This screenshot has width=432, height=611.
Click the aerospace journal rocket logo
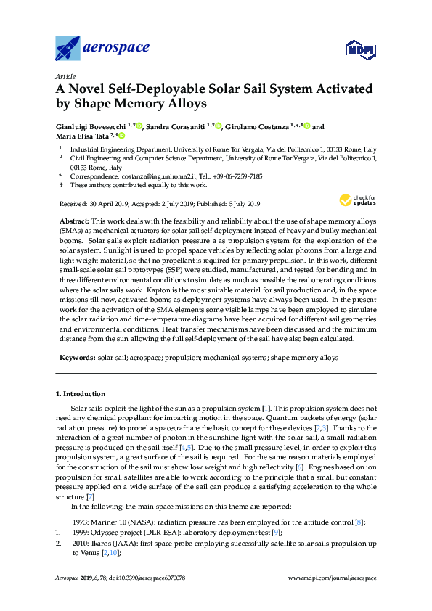pos(68,48)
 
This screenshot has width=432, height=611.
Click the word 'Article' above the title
pos(65,75)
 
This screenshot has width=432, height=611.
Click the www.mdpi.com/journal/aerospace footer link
pos(333,578)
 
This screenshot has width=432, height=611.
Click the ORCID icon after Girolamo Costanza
pos(307,126)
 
